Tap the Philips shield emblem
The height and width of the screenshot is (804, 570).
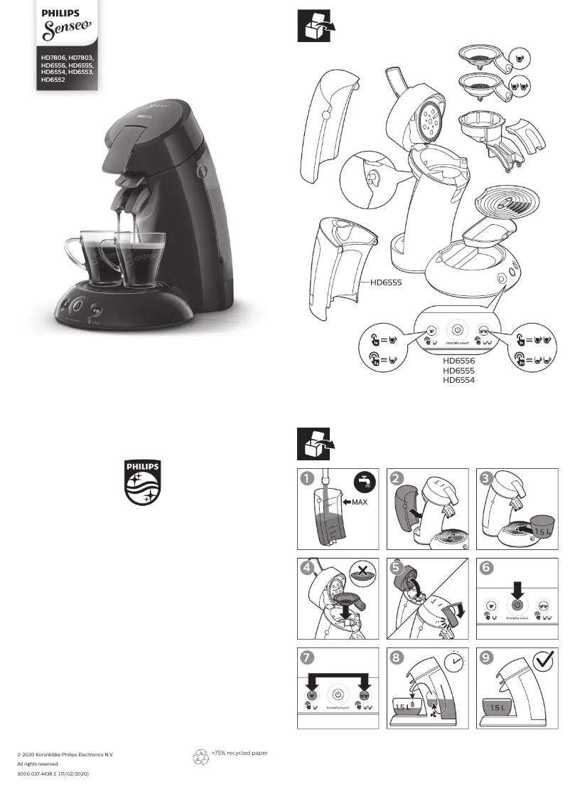pyautogui.click(x=143, y=482)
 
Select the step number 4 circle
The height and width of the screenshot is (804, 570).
pyautogui.click(x=306, y=568)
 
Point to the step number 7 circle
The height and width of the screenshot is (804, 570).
pyautogui.click(x=306, y=657)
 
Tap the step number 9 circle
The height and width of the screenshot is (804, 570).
pyautogui.click(x=487, y=657)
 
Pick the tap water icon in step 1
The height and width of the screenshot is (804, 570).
pyautogui.click(x=365, y=481)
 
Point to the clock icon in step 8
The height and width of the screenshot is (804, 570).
pyautogui.click(x=453, y=662)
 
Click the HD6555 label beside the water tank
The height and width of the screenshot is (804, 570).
pyautogui.click(x=386, y=282)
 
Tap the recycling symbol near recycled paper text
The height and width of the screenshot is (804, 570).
pyautogui.click(x=201, y=756)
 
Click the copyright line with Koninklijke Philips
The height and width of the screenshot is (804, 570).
pyautogui.click(x=65, y=754)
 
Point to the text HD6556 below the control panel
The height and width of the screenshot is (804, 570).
pyautogui.click(x=458, y=361)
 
